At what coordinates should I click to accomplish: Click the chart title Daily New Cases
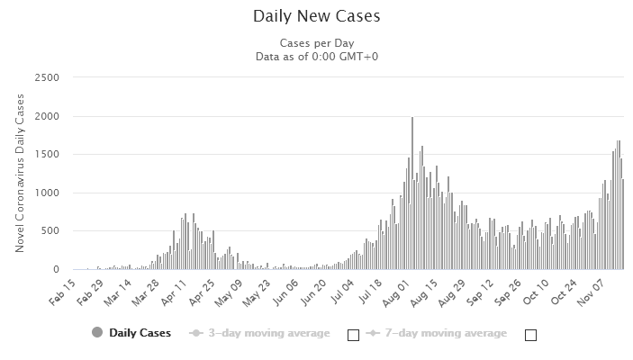point(317,16)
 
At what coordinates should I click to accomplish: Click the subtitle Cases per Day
point(316,42)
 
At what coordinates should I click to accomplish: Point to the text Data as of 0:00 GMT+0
point(317,57)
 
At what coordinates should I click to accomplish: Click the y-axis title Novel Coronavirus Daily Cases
point(20,173)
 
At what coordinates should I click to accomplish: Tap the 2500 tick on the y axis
point(46,78)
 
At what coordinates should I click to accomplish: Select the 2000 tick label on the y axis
point(46,116)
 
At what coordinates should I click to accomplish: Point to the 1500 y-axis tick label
point(46,155)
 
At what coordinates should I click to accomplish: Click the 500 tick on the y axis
point(50,231)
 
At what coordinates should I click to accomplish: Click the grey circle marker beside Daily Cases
point(97,333)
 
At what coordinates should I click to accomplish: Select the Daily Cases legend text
point(141,333)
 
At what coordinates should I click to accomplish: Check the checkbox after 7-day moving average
point(530,335)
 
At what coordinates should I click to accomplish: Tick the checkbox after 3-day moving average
point(353,335)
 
